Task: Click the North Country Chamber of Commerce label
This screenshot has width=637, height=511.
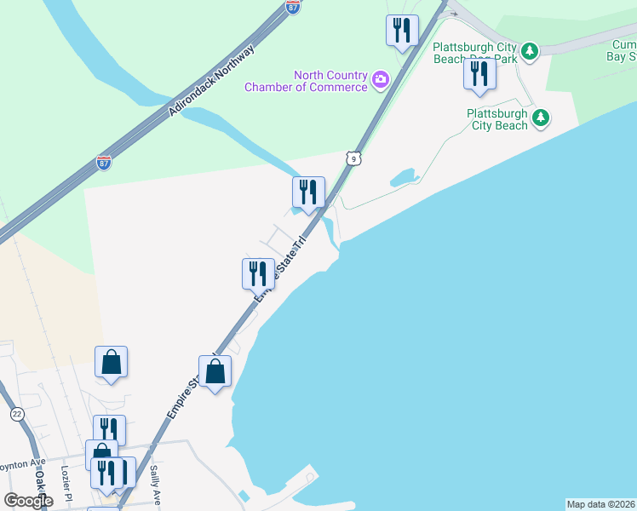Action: pyautogui.click(x=307, y=81)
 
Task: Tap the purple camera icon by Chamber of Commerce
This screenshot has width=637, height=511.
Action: pyautogui.click(x=380, y=81)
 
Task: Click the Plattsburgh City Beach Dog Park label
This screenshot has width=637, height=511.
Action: pyautogui.click(x=474, y=52)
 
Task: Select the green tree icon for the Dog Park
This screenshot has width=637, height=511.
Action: pyautogui.click(x=530, y=52)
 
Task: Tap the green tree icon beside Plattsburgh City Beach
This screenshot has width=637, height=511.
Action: pyautogui.click(x=540, y=119)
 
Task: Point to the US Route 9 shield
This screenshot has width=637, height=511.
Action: pyautogui.click(x=353, y=158)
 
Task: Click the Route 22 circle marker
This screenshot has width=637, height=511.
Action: pyautogui.click(x=17, y=414)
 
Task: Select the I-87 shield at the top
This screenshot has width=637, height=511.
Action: pyautogui.click(x=293, y=6)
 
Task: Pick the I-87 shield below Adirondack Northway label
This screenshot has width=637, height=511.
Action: pyautogui.click(x=104, y=161)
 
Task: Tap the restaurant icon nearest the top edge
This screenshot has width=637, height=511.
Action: pyautogui.click(x=400, y=31)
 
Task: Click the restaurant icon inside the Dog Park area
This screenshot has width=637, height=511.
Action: pyautogui.click(x=479, y=73)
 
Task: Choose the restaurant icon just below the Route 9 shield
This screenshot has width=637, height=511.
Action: pyautogui.click(x=308, y=192)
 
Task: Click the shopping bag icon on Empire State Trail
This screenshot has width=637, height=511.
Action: pyautogui.click(x=215, y=371)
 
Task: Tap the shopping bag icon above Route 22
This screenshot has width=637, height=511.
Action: pyautogui.click(x=111, y=362)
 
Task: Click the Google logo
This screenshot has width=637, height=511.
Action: pyautogui.click(x=28, y=500)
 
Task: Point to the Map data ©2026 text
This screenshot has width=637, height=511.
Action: pyautogui.click(x=600, y=504)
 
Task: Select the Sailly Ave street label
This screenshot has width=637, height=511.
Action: pyautogui.click(x=155, y=481)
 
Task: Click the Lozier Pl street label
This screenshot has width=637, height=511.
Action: pyautogui.click(x=66, y=482)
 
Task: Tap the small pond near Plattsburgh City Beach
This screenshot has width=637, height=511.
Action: pyautogui.click(x=402, y=178)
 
